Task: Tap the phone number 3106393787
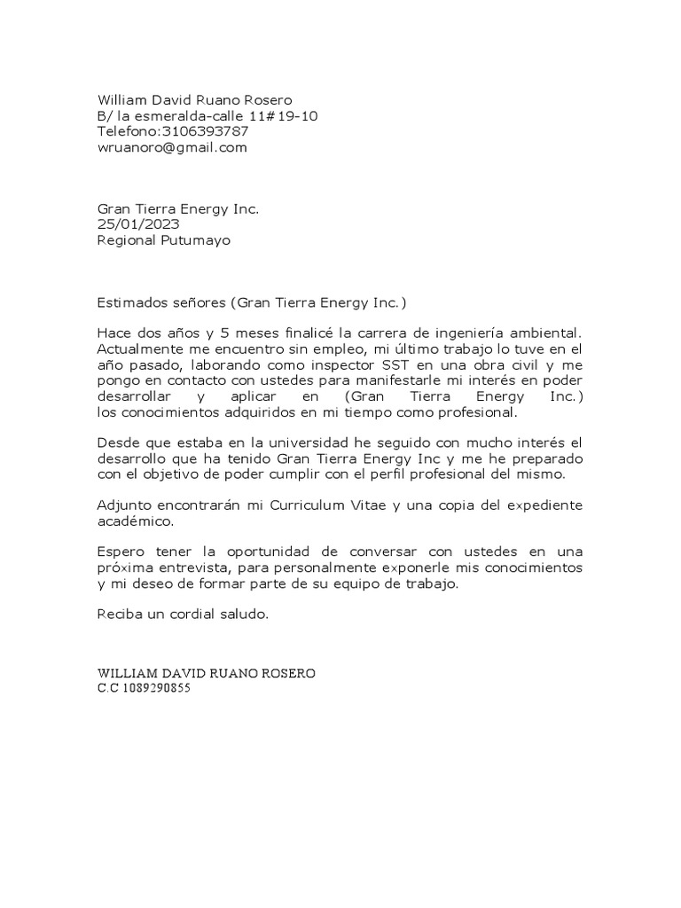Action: point(205,132)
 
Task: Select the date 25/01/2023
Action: point(137,224)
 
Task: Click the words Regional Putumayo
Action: point(163,240)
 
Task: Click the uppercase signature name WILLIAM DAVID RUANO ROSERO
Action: point(206,673)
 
